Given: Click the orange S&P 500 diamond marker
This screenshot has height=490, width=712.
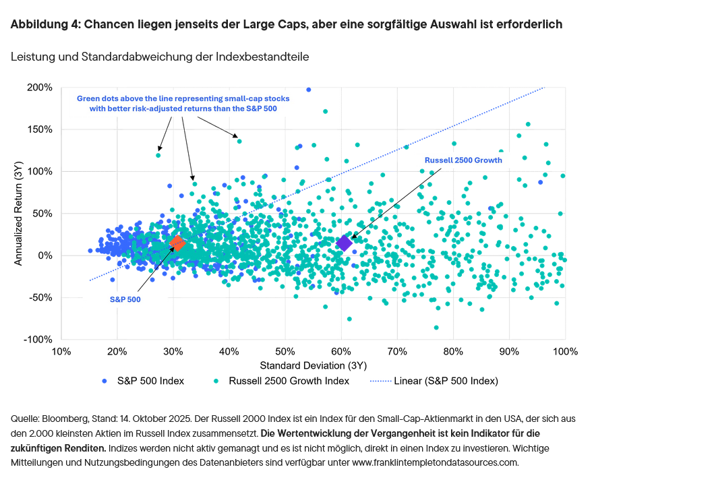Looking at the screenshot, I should pos(177,243).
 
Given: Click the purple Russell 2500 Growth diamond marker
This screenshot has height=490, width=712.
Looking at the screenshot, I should pos(345,243).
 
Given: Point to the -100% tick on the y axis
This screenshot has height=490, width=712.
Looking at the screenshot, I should pos(38,339).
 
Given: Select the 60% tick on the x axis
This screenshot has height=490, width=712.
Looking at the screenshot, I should pos(340,351).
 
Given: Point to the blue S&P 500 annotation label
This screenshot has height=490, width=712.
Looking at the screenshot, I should pos(125,299).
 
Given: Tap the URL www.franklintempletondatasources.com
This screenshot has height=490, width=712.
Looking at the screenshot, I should pos(435,463).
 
